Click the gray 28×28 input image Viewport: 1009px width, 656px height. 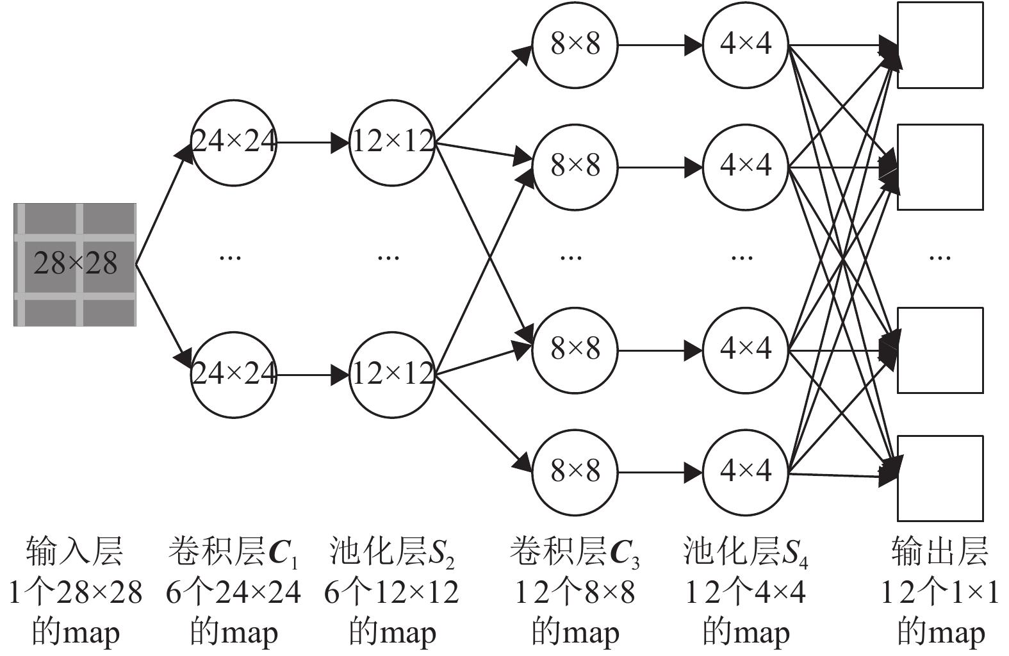75,264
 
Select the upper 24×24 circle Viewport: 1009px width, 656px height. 234,142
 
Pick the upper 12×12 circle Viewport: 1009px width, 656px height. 392,142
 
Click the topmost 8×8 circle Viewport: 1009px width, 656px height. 575,45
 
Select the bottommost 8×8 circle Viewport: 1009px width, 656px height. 575,472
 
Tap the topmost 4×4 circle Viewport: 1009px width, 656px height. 746,45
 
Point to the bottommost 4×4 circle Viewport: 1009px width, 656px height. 746,472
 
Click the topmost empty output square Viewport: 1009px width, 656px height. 940,45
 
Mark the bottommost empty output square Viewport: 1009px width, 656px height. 940,478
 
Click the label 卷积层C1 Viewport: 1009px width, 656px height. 233,553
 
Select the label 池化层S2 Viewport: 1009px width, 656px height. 391,553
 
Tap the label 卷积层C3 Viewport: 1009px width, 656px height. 575,553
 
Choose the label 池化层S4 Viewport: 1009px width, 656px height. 745,553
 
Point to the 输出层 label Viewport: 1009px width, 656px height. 939,552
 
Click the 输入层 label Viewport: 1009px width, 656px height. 74,552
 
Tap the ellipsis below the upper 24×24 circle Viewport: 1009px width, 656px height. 230,258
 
